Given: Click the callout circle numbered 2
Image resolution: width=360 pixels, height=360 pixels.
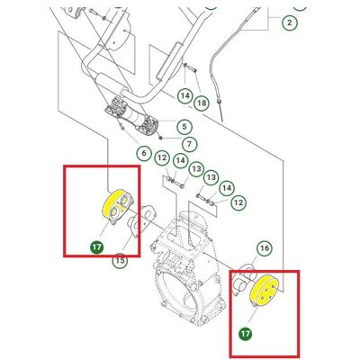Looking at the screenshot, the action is (289, 22).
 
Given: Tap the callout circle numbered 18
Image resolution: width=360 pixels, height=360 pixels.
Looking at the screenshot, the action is (202, 103).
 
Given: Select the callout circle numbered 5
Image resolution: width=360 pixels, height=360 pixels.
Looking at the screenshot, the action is (184, 126).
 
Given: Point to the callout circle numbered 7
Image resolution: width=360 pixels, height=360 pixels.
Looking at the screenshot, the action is (189, 144).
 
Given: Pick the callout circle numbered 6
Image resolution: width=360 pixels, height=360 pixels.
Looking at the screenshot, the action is (144, 153).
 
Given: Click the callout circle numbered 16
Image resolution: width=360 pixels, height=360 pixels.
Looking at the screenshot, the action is (265, 248).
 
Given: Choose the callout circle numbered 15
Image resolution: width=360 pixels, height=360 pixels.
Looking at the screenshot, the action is (120, 260).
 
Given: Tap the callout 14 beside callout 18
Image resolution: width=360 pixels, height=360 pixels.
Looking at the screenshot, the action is (185, 96).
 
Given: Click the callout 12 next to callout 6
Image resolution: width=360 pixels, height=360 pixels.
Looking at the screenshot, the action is (162, 157).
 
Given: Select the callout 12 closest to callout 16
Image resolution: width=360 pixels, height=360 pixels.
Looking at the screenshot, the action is (238, 202).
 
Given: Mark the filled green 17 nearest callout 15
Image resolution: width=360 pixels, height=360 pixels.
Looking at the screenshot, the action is (97, 247).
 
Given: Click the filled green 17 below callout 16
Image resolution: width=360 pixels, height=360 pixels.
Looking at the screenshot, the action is (246, 334).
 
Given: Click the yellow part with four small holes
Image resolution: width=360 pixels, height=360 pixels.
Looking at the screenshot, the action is (264, 290).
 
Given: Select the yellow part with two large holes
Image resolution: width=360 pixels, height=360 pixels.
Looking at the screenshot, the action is (118, 207).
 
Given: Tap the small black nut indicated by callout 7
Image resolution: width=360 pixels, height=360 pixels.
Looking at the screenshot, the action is (161, 138).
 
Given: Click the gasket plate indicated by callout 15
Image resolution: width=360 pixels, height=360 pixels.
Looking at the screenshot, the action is (142, 220).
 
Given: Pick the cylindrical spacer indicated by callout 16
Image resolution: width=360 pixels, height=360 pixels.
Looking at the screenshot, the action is (244, 281).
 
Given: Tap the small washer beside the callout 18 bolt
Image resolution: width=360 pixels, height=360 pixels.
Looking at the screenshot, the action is (184, 66).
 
